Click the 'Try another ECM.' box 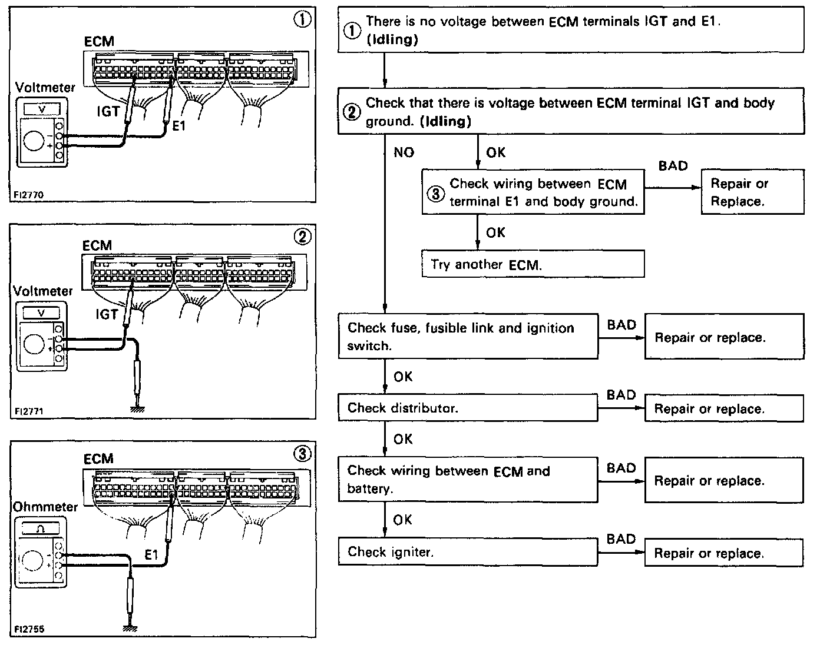tap(533, 264)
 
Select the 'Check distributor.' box tap(468, 408)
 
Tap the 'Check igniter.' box tap(468, 552)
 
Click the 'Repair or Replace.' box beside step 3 tap(752, 192)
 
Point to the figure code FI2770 tap(30, 194)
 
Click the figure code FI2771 tap(30, 410)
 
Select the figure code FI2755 tap(30, 629)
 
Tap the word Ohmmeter tap(45, 507)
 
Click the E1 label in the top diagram tap(178, 125)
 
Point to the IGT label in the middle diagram tap(107, 314)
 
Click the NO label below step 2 tap(404, 152)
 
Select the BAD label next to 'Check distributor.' tap(621, 395)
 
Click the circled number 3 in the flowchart tap(435, 193)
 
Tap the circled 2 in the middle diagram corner tap(302, 237)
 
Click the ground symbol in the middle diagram tap(137, 408)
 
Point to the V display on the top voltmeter tap(41, 109)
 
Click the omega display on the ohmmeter tap(40, 528)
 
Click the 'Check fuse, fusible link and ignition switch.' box tap(468, 337)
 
